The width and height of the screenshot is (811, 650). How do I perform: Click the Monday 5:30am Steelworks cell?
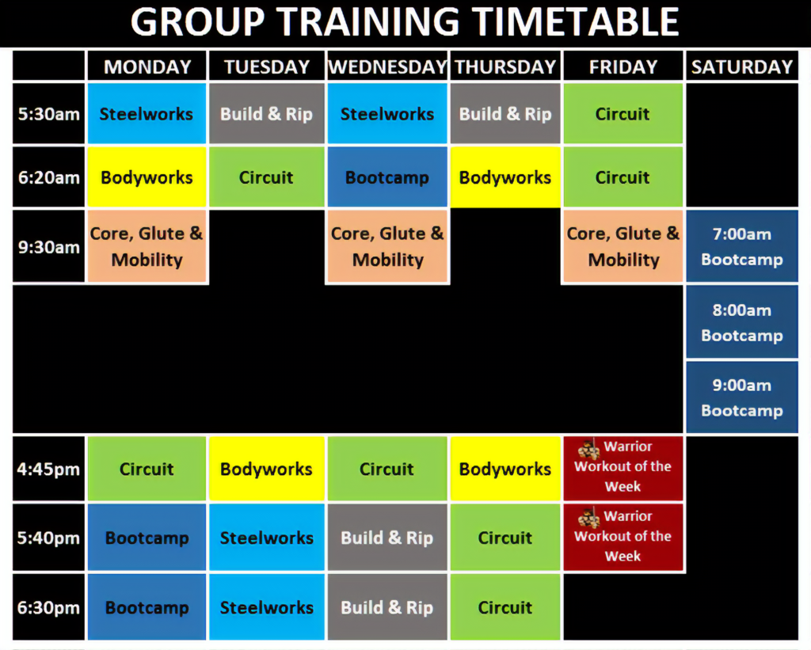pyautogui.click(x=147, y=114)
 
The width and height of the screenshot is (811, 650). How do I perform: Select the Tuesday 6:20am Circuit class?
pyautogui.click(x=266, y=177)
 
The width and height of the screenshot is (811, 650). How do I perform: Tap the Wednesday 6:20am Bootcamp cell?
pyautogui.click(x=387, y=177)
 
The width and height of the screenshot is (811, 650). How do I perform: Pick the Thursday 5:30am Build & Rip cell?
pyautogui.click(x=505, y=114)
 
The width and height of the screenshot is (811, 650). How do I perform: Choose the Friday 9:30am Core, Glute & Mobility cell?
pyautogui.click(x=623, y=246)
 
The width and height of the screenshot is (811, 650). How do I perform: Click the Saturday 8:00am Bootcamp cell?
pyautogui.click(x=741, y=322)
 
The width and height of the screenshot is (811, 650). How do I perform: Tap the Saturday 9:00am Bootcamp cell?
pyautogui.click(x=741, y=397)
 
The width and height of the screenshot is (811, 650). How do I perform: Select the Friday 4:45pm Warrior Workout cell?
pyautogui.click(x=623, y=467)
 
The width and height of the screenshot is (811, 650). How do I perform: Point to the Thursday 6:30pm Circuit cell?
pyautogui.click(x=505, y=607)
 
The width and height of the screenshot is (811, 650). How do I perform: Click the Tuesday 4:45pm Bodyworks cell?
pyautogui.click(x=266, y=469)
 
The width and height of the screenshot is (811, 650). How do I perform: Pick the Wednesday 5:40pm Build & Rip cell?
pyautogui.click(x=387, y=538)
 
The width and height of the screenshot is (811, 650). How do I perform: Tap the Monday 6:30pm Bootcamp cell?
pyautogui.click(x=147, y=607)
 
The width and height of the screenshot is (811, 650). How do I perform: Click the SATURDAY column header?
pyautogui.click(x=741, y=67)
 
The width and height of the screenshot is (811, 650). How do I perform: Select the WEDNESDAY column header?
pyautogui.click(x=387, y=67)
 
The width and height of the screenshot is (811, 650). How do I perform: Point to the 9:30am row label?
pyautogui.click(x=48, y=246)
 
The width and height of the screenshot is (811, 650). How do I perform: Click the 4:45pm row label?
pyautogui.click(x=48, y=469)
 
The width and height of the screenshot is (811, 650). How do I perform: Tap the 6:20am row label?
pyautogui.click(x=48, y=177)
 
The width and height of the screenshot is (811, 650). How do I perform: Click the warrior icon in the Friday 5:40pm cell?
pyautogui.click(x=588, y=519)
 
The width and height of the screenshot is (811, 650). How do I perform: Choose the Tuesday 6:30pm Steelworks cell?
pyautogui.click(x=266, y=607)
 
